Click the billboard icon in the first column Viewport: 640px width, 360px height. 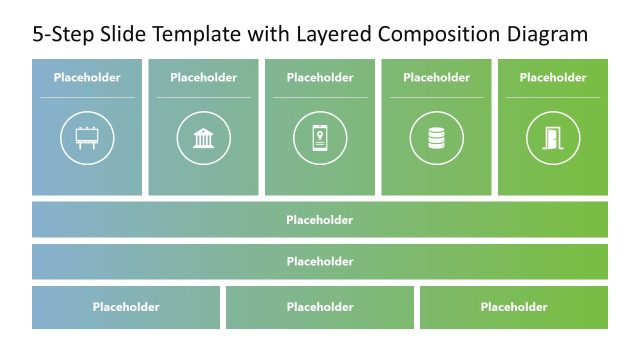[87, 138]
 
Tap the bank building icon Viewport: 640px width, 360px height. [203, 138]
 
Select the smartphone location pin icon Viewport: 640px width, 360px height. [320, 138]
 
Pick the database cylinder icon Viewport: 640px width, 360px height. [436, 138]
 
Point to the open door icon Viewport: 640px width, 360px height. [553, 138]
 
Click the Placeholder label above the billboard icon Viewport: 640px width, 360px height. [87, 77]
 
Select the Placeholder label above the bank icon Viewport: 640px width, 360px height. [203, 77]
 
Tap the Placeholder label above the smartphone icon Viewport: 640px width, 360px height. [320, 77]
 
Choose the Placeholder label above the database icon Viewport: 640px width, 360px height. [436, 77]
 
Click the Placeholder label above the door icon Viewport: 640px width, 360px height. [553, 77]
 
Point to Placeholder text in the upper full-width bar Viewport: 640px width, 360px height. [320, 220]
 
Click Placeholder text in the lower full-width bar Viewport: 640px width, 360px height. [320, 262]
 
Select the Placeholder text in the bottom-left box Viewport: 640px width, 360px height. [126, 307]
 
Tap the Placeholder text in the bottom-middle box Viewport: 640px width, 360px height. [320, 307]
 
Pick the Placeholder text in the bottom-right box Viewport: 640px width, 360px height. [514, 307]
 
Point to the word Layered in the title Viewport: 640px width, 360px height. [333, 35]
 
